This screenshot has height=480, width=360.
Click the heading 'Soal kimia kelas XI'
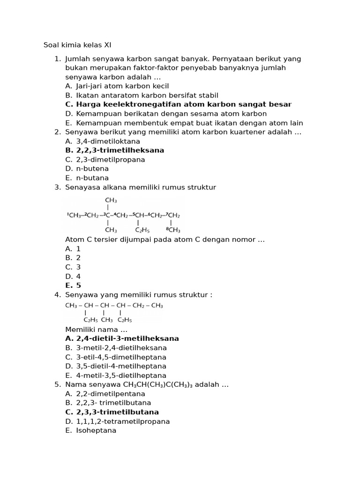pos(77,45)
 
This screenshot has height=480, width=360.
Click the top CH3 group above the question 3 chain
pos(111,200)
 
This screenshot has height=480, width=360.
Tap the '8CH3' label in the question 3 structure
pos(173,230)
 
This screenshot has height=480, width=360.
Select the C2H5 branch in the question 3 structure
pos(143,230)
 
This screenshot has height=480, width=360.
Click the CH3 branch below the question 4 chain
pos(107,320)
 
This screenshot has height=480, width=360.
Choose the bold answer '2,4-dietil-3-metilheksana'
pos(127,338)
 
